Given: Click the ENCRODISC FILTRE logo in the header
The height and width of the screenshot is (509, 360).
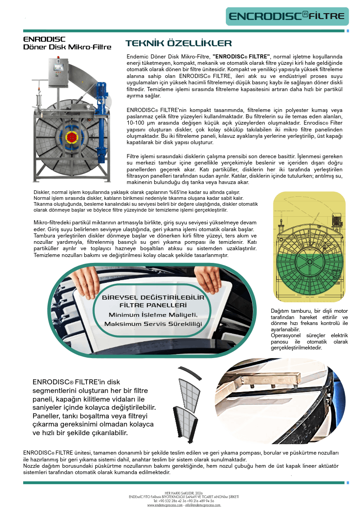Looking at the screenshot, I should point(287,16).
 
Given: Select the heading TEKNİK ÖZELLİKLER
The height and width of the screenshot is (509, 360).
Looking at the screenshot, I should point(178,44).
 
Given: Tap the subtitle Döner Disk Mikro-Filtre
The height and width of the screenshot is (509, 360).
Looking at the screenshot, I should point(67,47).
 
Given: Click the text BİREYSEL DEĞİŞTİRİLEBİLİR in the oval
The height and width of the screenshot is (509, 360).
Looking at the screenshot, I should point(153,297).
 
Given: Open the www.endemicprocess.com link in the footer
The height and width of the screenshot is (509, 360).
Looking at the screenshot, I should point(165,505).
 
